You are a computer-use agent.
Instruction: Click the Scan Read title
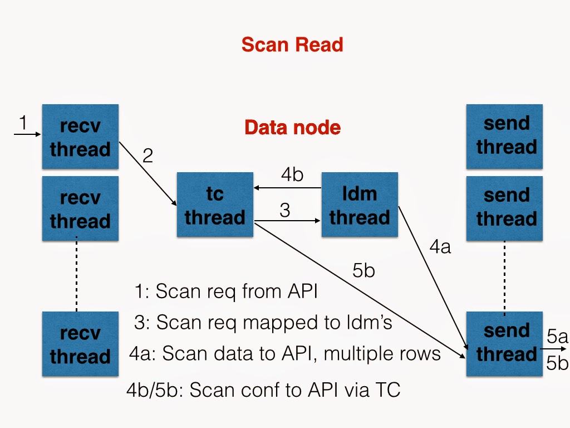point(292,45)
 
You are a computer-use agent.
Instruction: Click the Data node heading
point(292,128)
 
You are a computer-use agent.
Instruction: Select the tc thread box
point(214,206)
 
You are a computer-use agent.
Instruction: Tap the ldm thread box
point(360,206)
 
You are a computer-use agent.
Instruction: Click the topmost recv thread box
point(80,137)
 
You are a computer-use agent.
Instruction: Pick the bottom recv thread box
point(80,344)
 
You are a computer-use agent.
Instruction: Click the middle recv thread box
point(80,209)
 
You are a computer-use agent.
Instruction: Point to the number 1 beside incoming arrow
point(23,122)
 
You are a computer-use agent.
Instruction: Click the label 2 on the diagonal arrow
point(148,155)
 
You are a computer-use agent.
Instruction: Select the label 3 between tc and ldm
point(285,210)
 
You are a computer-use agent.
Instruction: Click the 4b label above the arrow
point(292,174)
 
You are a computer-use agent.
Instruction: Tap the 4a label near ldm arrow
point(440,246)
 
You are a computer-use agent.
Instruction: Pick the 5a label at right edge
point(557,337)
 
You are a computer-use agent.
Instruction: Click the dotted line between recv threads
point(77,275)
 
